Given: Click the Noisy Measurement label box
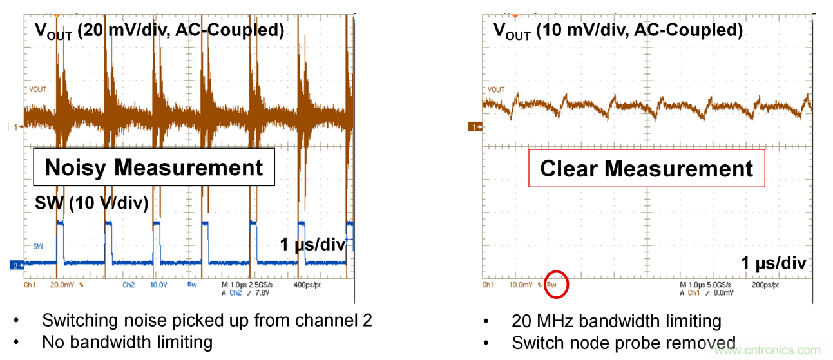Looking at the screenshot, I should coord(154,168).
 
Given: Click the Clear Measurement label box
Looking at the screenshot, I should coord(646,169).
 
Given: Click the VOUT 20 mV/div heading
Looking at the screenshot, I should coord(159,31).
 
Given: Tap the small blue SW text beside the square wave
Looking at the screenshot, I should coord(38,246).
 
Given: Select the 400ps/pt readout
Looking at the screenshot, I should coord(309,284).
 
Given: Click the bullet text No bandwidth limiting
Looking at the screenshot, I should coord(127,341).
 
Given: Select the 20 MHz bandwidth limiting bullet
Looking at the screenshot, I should coord(617,321).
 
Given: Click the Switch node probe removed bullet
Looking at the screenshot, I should coord(623,343).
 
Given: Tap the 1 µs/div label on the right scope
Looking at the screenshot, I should coord(772,263).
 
